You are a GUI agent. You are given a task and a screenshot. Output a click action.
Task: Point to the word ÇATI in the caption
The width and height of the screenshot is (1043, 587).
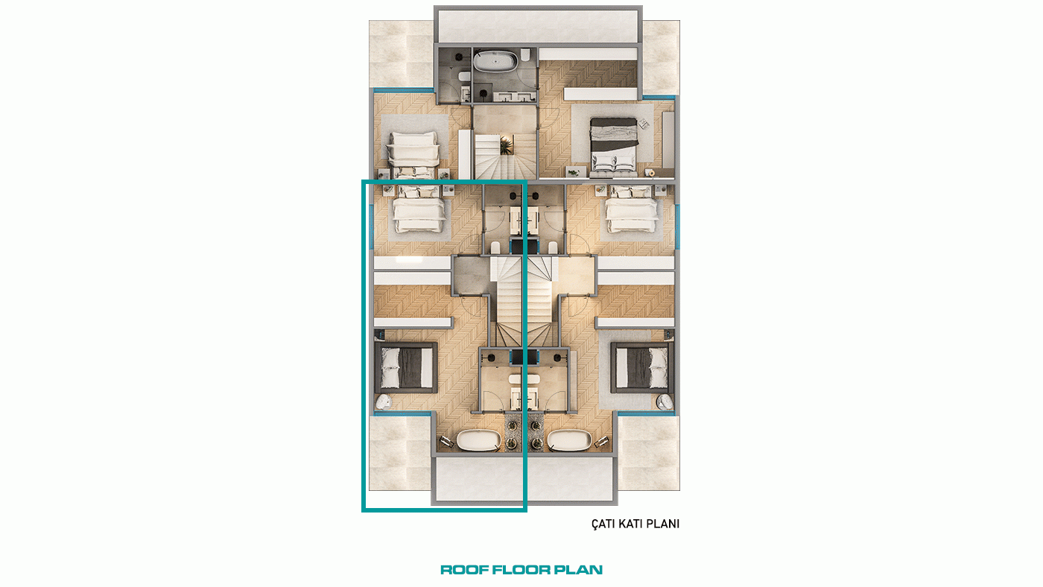(x=603, y=524)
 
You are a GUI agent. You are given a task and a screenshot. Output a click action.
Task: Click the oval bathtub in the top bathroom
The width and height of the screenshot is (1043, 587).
(x=495, y=61)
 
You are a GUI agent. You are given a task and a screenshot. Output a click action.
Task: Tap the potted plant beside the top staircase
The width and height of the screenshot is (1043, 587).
(x=506, y=145)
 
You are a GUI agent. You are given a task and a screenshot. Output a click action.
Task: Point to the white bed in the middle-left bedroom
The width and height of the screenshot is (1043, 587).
(x=419, y=209)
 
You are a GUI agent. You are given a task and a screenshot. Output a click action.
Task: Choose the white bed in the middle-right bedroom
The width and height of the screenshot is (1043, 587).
(x=632, y=209)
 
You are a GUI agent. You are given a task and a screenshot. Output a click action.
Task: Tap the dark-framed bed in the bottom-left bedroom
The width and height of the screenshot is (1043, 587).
(x=406, y=368)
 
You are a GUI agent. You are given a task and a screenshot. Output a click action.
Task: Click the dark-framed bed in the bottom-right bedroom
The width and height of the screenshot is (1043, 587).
(x=642, y=368)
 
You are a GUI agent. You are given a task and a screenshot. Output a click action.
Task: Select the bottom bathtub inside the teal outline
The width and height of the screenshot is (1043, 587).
(x=478, y=440)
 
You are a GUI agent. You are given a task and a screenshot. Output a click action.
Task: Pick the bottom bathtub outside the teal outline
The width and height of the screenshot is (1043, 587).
(x=569, y=440)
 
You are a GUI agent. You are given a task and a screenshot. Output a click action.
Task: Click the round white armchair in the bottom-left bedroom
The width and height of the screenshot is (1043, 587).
(x=383, y=402)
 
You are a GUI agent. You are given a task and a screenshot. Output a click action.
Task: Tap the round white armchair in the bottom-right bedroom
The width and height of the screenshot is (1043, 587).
(x=665, y=402)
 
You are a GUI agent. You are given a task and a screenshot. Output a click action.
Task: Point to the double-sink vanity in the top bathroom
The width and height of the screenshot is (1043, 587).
(x=515, y=97)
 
